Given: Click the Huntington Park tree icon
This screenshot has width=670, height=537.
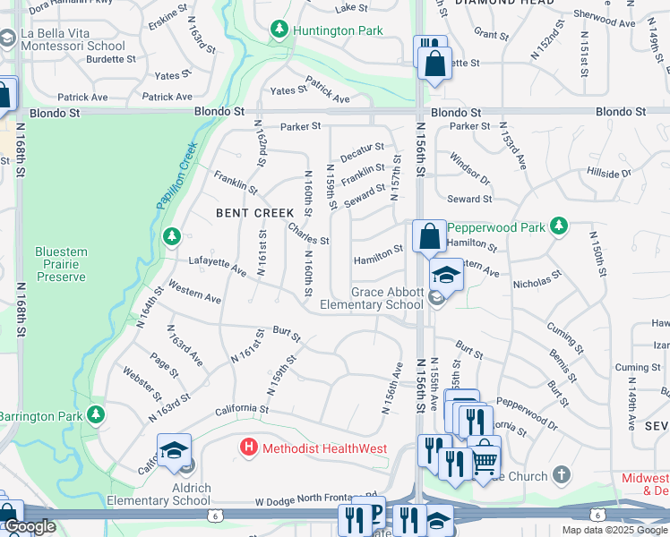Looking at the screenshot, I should [279, 30].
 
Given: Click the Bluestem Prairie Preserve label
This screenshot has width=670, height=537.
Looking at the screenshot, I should [61, 265].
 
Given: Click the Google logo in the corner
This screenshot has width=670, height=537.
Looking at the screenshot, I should [29, 527].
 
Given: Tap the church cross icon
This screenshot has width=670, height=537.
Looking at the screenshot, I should [561, 473].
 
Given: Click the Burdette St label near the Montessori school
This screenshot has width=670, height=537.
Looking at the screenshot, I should [111, 60].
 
